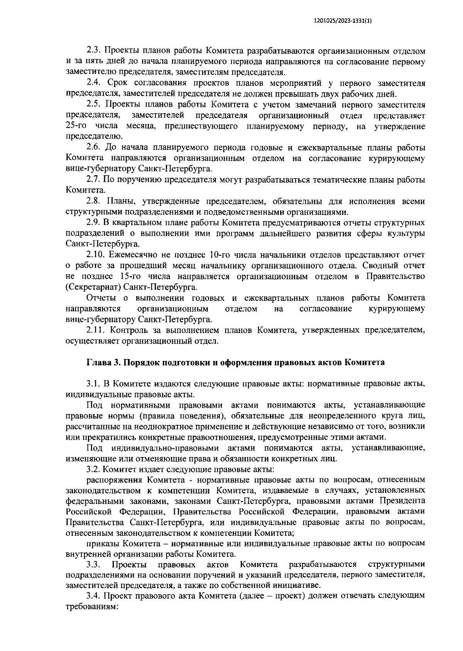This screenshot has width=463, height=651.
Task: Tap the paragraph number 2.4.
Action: pyautogui.click(x=93, y=83)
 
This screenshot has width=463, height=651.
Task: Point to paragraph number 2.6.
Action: pyautogui.click(x=93, y=148)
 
